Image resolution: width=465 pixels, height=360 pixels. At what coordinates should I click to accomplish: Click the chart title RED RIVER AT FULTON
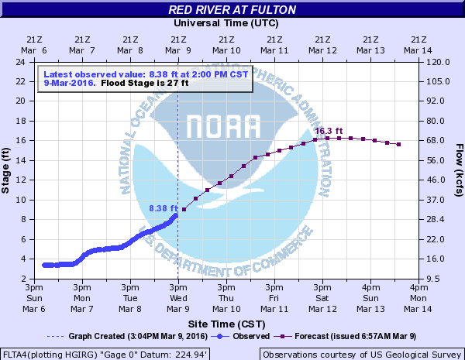tap(232, 10)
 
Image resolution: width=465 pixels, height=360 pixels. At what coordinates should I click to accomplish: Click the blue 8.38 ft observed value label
tap(164, 208)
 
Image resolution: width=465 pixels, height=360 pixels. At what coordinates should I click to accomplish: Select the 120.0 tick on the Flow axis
tap(436, 61)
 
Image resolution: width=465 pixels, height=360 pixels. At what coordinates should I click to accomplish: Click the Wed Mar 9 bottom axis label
tap(178, 298)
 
